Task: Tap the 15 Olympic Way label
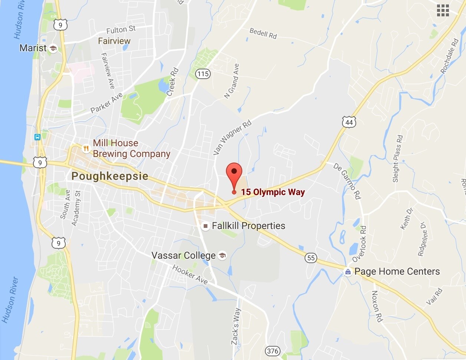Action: pyautogui.click(x=273, y=192)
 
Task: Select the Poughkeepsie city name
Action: pyautogui.click(x=110, y=176)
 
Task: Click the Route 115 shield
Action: pyautogui.click(x=203, y=74)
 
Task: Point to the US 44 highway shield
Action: pyautogui.click(x=349, y=122)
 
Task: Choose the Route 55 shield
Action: pyautogui.click(x=311, y=258)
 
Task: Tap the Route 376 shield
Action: pyautogui.click(x=273, y=351)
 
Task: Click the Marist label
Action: pyautogui.click(x=33, y=48)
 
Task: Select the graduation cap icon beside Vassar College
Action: pyautogui.click(x=222, y=255)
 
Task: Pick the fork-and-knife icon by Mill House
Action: pyautogui.click(x=86, y=148)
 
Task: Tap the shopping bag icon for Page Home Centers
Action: pyautogui.click(x=348, y=272)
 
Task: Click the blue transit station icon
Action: pyautogui.click(x=37, y=137)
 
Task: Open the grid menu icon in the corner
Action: pyautogui.click(x=443, y=10)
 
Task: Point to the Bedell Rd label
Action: pyautogui.click(x=263, y=33)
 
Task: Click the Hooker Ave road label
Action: pyautogui.click(x=190, y=275)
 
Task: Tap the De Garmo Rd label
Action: pyautogui.click(x=347, y=181)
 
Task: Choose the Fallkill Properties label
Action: pyautogui.click(x=248, y=226)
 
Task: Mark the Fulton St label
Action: pyautogui.click(x=121, y=30)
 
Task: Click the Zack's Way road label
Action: pyautogui.click(x=236, y=326)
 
